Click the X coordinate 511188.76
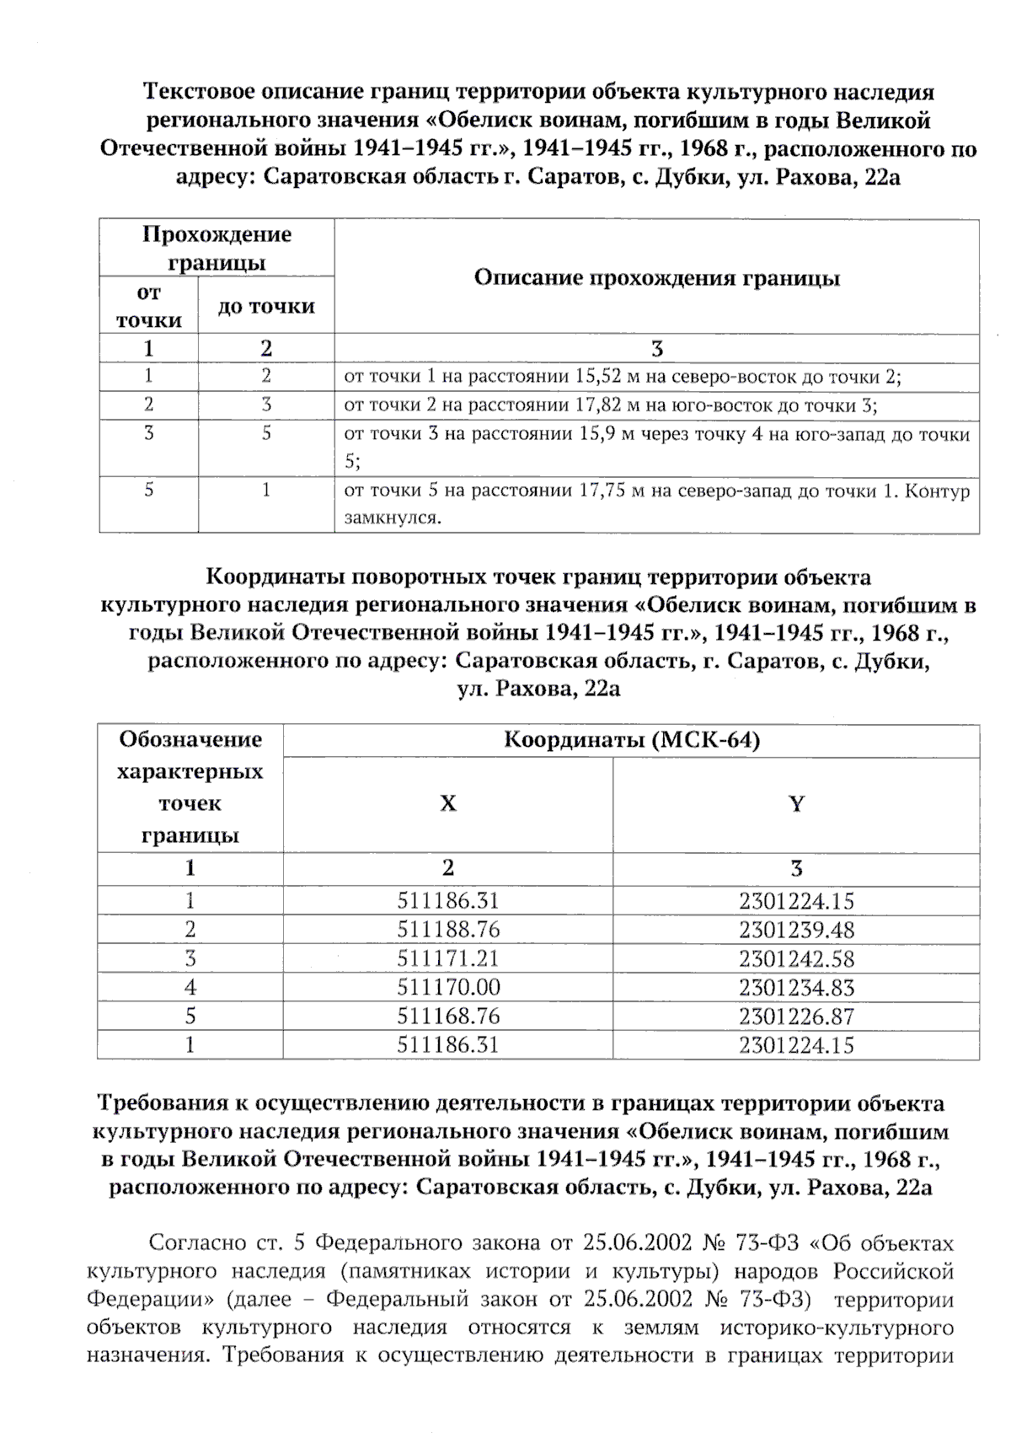(x=448, y=930)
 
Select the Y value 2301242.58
(x=796, y=958)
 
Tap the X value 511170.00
(x=448, y=987)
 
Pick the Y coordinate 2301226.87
(x=796, y=1016)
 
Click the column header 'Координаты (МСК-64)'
(x=631, y=740)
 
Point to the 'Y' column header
(x=796, y=803)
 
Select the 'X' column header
(x=448, y=803)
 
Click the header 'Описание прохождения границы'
(x=656, y=278)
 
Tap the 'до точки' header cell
(x=266, y=306)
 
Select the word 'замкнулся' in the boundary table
(x=392, y=518)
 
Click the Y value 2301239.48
(x=796, y=930)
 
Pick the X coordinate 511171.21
(x=448, y=958)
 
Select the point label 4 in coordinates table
(x=190, y=987)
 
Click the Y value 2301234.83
(x=796, y=987)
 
